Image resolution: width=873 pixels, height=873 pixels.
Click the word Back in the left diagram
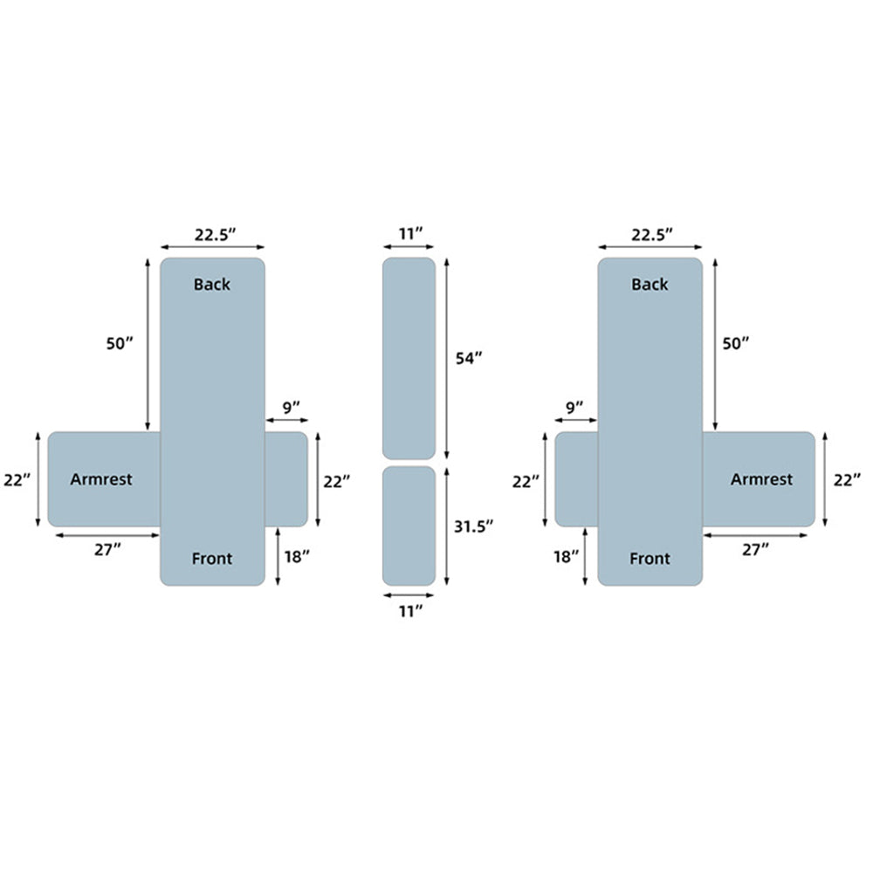(211, 285)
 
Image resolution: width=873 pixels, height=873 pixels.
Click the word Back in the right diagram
(650, 285)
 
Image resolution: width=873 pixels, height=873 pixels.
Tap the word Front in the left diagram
(211, 559)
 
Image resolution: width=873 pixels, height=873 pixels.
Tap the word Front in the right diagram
(650, 559)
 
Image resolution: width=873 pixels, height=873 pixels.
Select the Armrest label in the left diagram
(101, 479)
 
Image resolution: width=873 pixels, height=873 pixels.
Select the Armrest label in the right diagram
(761, 479)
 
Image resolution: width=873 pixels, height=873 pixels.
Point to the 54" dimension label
(469, 359)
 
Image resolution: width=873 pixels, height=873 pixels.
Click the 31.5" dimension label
(473, 526)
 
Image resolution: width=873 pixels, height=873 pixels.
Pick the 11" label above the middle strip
(411, 233)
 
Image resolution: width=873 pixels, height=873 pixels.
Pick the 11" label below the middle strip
(411, 611)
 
